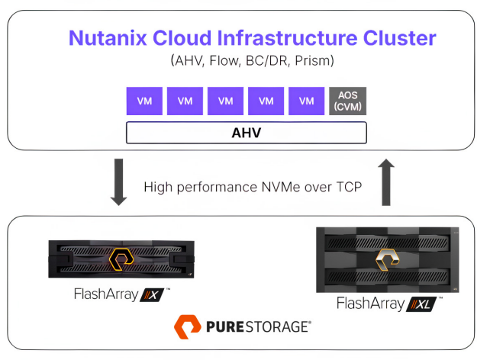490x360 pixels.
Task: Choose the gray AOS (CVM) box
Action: point(347,101)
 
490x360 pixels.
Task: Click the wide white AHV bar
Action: point(247,133)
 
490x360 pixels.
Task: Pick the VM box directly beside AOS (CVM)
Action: point(307,101)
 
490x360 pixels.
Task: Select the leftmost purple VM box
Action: point(144,101)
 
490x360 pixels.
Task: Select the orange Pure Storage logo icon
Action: point(188,328)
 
